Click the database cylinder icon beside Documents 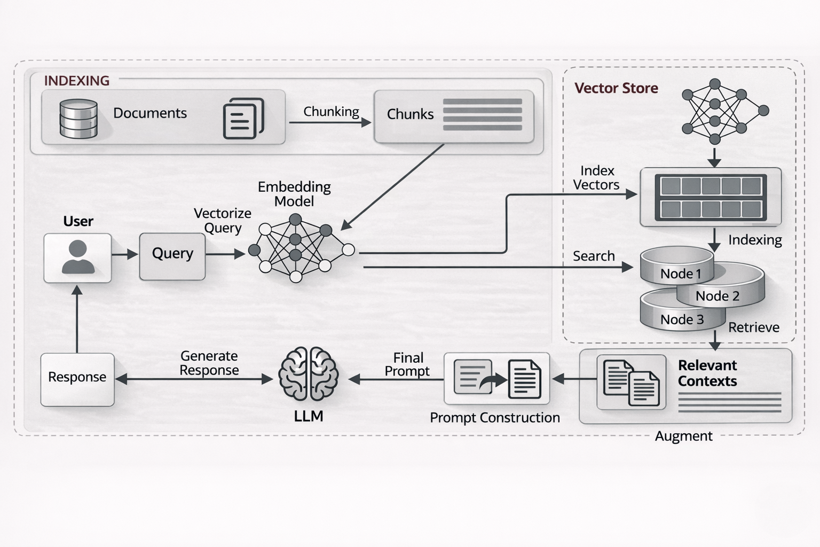point(78,119)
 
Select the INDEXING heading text point(76,81)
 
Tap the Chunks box point(454,116)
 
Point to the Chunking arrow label point(331,112)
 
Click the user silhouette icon point(78,257)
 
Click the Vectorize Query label point(223,221)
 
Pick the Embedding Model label point(294,194)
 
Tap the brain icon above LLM point(309,373)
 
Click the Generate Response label point(209,363)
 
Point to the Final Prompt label point(408,364)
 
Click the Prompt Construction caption point(495,418)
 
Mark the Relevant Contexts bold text point(707,373)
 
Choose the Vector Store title point(616,88)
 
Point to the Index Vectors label point(596,178)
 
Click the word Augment point(683,436)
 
